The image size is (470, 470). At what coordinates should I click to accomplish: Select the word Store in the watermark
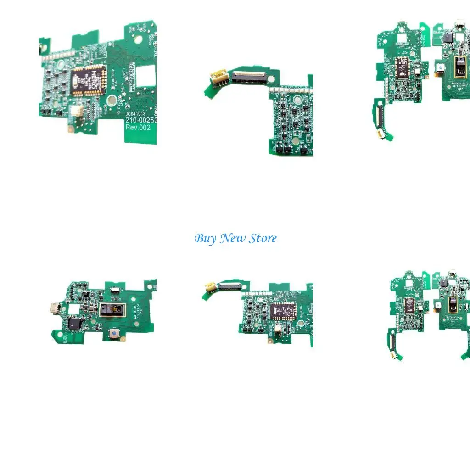click(263, 239)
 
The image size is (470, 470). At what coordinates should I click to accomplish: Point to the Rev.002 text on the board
click(138, 128)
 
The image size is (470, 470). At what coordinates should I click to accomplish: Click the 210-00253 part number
click(141, 120)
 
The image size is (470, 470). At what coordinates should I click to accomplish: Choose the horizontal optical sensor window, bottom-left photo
click(112, 310)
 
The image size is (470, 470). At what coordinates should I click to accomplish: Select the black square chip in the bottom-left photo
click(74, 323)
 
